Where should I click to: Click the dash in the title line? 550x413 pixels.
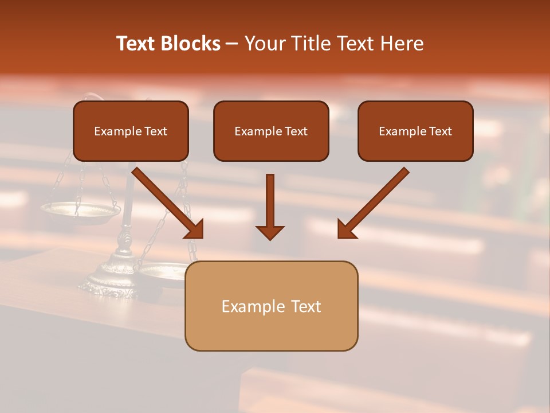click(232, 44)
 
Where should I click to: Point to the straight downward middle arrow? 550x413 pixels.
click(270, 201)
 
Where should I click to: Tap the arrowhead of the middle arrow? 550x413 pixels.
click(270, 232)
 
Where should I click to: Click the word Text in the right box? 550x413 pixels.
click(440, 131)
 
